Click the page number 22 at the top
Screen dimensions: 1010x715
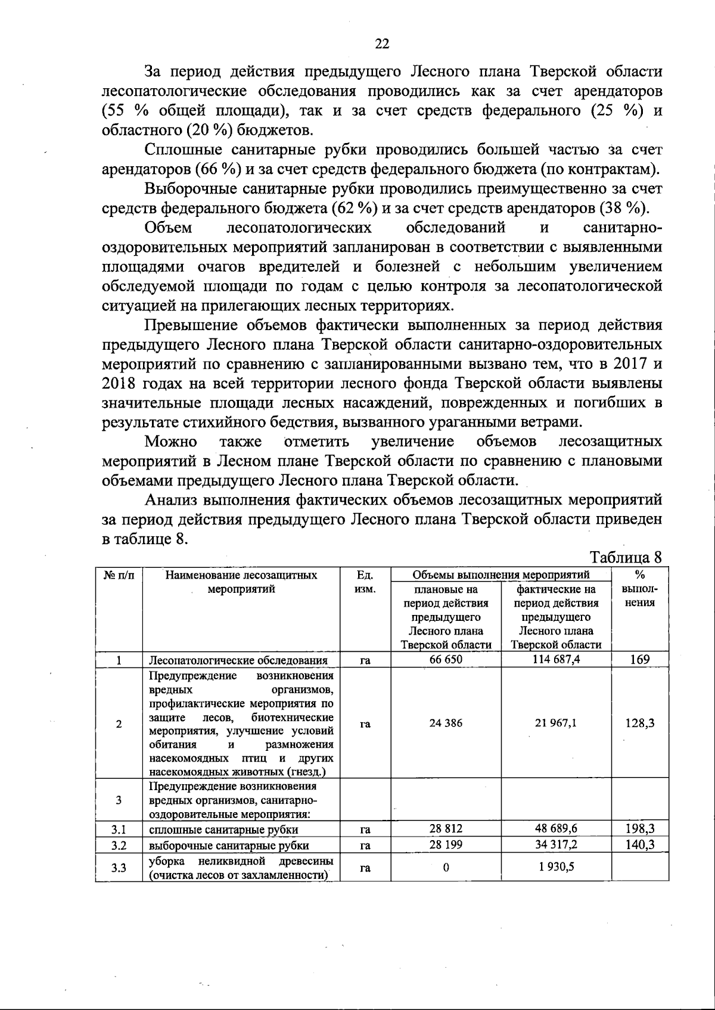[x=382, y=43]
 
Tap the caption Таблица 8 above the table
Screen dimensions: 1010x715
[x=625, y=558]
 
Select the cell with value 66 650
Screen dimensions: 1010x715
[x=445, y=660]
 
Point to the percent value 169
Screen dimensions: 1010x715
[x=639, y=660]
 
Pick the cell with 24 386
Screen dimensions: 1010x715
[x=445, y=723]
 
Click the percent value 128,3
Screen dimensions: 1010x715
[x=639, y=723]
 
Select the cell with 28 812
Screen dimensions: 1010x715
[x=445, y=829]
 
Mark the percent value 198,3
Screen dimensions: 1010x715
[x=639, y=829]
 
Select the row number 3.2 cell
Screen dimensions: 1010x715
[x=119, y=845]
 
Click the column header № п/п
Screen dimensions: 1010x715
[x=119, y=576]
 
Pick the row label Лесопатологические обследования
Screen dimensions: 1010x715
[x=238, y=660]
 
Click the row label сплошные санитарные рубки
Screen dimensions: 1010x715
[x=223, y=829]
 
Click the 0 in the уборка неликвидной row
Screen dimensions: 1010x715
[x=445, y=868]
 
